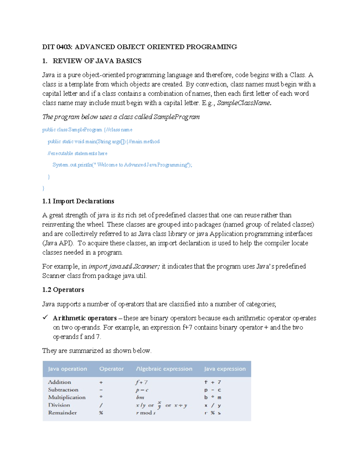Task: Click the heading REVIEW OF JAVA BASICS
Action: (x=97, y=61)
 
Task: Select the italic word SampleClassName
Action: (x=244, y=103)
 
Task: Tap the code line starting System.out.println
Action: (x=122, y=165)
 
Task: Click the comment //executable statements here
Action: (x=77, y=153)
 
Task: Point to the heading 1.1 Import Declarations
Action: (x=78, y=201)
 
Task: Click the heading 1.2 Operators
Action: (x=63, y=290)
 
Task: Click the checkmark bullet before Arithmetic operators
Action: (x=45, y=317)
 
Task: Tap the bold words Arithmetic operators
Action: (x=85, y=318)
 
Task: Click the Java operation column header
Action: (x=67, y=369)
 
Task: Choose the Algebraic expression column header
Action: (x=164, y=369)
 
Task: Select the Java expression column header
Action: (x=225, y=369)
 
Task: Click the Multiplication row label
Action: (x=67, y=397)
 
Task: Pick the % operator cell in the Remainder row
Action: (x=101, y=413)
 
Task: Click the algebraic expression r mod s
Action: (x=146, y=413)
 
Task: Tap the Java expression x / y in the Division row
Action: (x=213, y=405)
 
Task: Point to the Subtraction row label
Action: (x=63, y=390)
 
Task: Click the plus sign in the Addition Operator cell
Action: (x=101, y=383)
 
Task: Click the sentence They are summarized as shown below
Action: (x=97, y=351)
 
